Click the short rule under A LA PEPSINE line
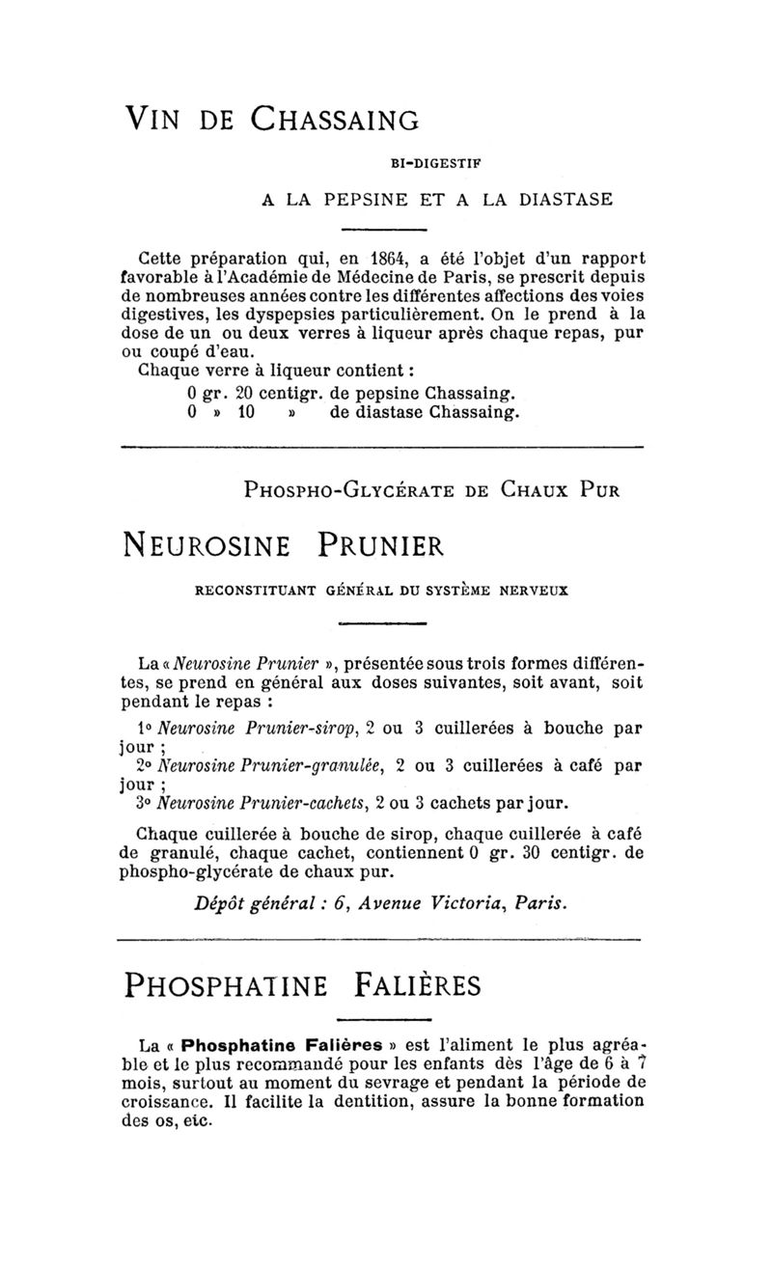click(x=385, y=230)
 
